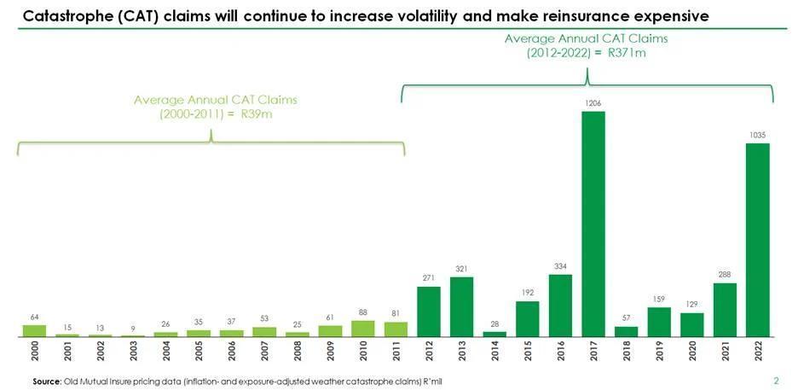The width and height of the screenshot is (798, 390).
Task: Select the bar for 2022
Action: coord(757,240)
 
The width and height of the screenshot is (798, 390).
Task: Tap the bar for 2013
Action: coord(461,306)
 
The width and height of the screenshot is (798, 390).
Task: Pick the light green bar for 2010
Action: coord(362,329)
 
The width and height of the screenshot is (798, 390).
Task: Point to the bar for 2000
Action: coord(34,331)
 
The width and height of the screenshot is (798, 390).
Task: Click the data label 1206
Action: coord(593,103)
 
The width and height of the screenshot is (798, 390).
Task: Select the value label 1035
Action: coord(757,135)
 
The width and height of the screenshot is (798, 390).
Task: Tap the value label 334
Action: coord(560,266)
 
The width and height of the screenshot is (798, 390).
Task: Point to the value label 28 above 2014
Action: coord(494,323)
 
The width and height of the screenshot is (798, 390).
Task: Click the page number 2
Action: coord(776,381)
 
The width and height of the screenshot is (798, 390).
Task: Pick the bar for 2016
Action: coord(560,306)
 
